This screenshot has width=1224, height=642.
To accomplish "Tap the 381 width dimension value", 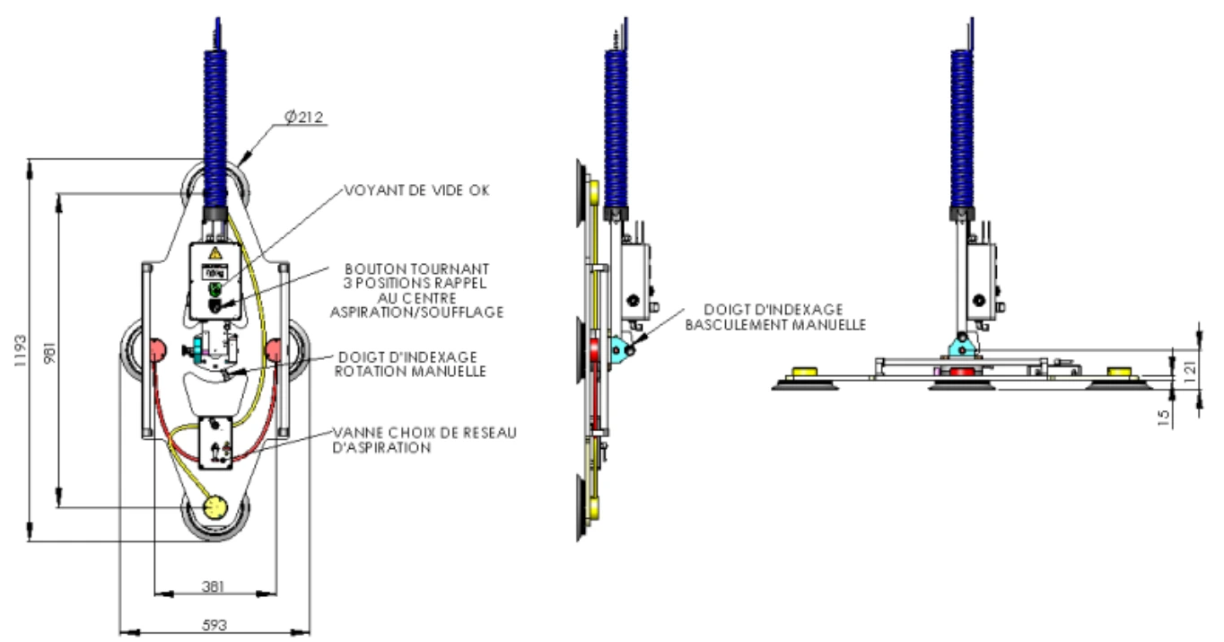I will tap(213, 586).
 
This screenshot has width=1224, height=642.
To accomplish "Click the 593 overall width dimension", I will tap(214, 625).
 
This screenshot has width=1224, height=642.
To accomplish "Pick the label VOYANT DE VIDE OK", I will tap(416, 190).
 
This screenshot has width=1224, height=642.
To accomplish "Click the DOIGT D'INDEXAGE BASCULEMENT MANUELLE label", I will tap(775, 317).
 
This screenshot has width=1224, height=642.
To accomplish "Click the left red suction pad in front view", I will tap(157, 347).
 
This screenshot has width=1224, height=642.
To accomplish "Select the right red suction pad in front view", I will tap(274, 347).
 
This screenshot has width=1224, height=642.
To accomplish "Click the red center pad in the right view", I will tap(961, 373).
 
